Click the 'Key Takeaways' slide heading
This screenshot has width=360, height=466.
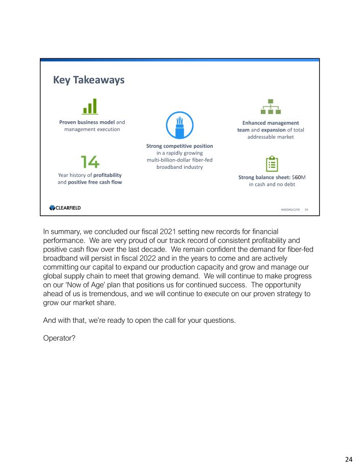(x=88, y=80)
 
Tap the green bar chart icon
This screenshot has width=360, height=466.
(x=91, y=106)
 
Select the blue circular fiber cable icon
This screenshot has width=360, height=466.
(x=179, y=125)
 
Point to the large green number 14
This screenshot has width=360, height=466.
(x=90, y=162)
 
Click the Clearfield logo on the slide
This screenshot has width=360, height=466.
(x=65, y=208)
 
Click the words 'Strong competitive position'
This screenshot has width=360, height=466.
(x=179, y=146)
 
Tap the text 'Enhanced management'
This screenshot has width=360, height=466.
(x=271, y=123)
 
